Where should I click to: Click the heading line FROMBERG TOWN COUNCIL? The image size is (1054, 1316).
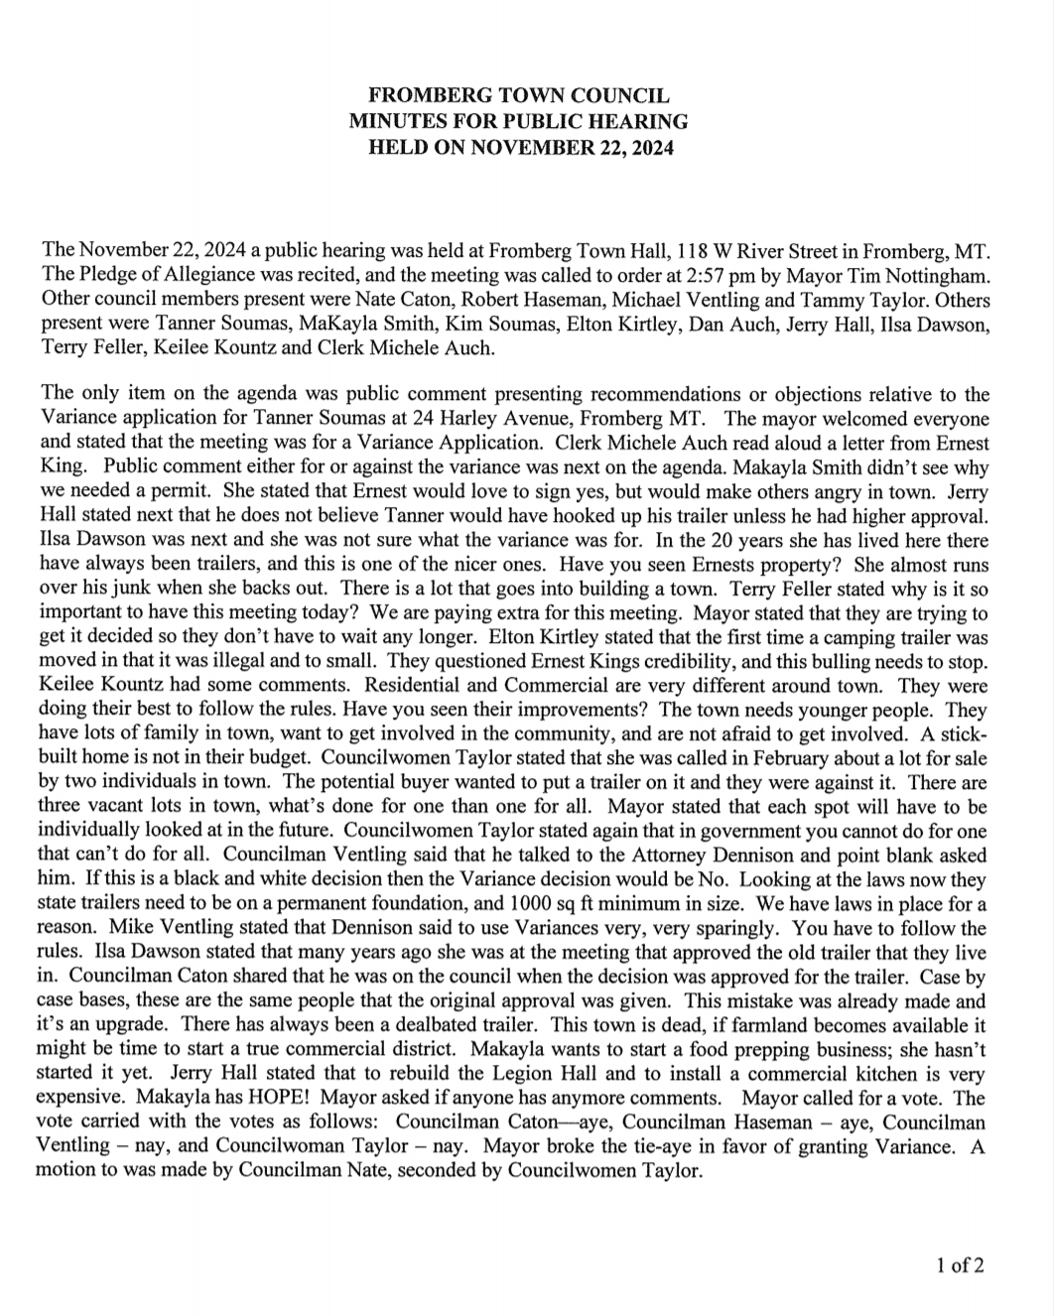(518, 96)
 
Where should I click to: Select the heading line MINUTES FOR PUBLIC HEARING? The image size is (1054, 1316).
(518, 122)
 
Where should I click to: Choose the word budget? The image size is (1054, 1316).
(250, 759)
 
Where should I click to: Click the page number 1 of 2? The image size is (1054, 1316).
(961, 1265)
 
